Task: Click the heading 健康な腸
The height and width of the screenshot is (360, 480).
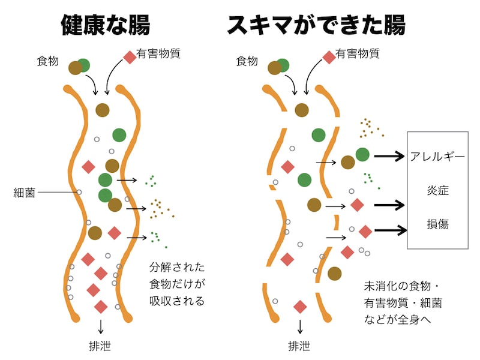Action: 106,26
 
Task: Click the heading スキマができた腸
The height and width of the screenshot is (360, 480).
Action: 316,26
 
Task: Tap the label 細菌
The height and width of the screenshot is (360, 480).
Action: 25,193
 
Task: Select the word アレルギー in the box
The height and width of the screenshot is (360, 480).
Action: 437,157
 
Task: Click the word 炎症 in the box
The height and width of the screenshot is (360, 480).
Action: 437,191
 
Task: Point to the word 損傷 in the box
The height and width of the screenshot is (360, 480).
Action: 437,224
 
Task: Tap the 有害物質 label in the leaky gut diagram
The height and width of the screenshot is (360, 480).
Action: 358,53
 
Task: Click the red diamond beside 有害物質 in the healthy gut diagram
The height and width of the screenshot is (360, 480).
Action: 129,57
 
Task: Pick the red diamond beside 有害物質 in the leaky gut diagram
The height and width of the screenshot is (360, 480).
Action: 329,57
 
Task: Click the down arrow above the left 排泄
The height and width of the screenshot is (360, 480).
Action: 100,325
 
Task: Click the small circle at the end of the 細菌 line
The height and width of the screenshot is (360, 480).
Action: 79,193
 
